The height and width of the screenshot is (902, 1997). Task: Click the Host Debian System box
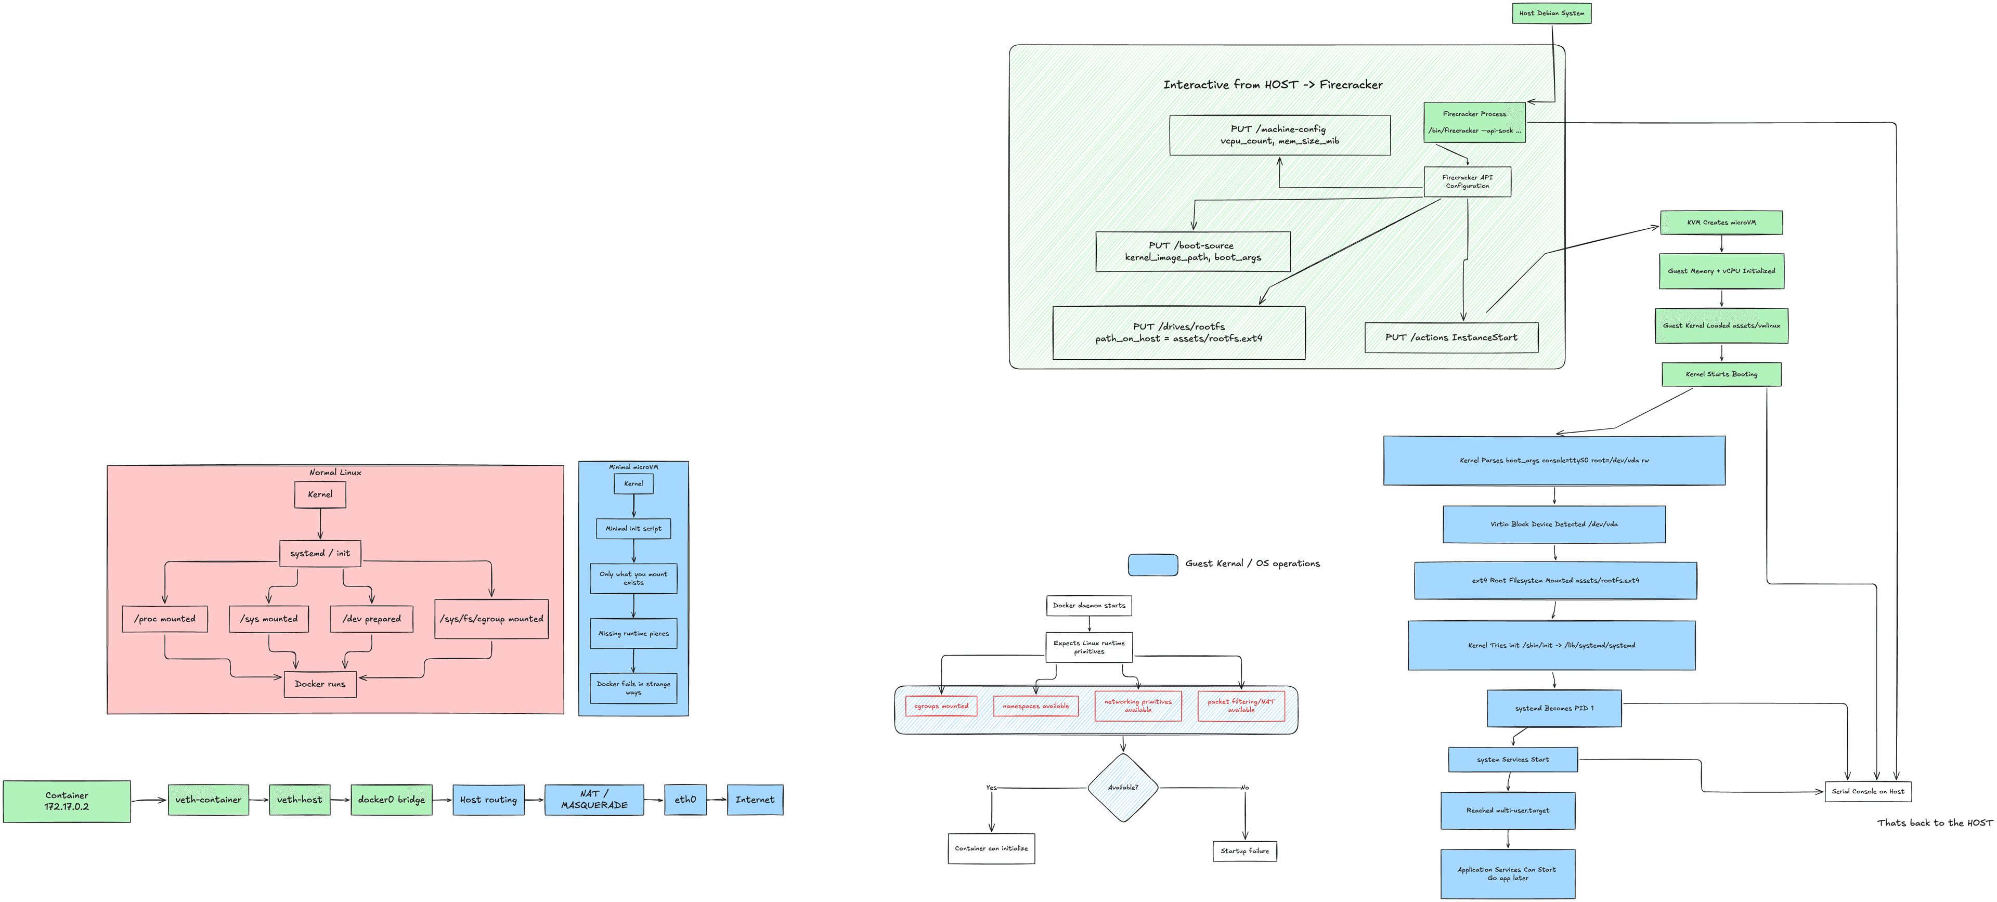click(x=1551, y=13)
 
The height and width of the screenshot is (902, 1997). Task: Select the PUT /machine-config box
click(x=1279, y=135)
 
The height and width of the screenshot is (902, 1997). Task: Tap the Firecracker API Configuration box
click(x=1467, y=181)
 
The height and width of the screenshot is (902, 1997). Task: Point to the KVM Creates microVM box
click(x=1721, y=223)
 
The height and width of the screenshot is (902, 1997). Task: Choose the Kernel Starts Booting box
click(x=1721, y=374)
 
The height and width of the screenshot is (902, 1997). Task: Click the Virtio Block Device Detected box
click(x=1553, y=525)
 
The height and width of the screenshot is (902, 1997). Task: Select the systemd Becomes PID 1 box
click(x=1553, y=708)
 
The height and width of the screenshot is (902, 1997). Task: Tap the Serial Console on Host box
click(x=1868, y=791)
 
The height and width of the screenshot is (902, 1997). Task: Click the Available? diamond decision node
click(x=1123, y=787)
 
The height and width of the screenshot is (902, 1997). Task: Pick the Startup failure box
click(x=1244, y=851)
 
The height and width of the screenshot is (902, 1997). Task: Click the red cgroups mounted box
click(x=941, y=706)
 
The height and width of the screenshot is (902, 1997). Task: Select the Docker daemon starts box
click(x=1088, y=605)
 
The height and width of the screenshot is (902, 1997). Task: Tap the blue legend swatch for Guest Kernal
click(x=1153, y=564)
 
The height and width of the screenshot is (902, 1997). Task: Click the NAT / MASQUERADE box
click(x=594, y=800)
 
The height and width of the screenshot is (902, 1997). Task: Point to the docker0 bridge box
click(x=391, y=800)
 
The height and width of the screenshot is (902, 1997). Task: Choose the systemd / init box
click(x=319, y=553)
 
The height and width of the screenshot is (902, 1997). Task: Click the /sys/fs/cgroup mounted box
click(x=491, y=618)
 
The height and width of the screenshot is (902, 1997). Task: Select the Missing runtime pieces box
click(x=633, y=633)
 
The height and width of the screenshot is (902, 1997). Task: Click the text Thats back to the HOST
click(x=1934, y=823)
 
